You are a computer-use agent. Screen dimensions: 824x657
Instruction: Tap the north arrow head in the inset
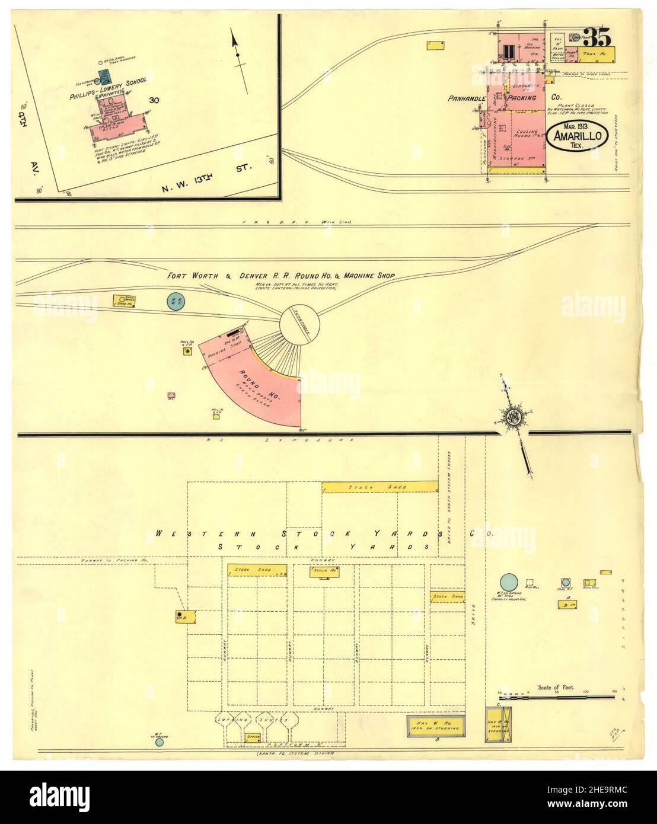234,41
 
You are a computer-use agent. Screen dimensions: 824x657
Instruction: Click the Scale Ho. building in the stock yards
324,571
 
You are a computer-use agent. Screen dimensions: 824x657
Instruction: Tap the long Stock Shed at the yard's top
379,487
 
